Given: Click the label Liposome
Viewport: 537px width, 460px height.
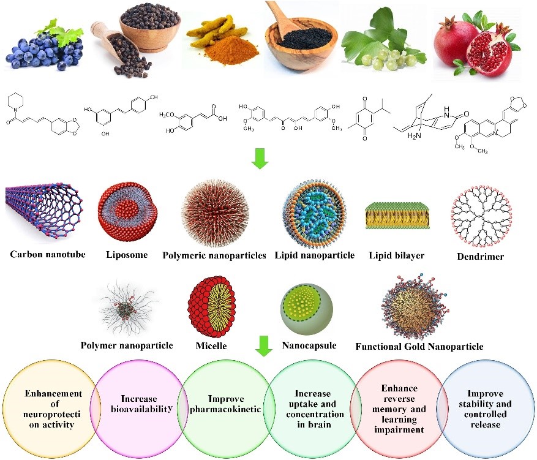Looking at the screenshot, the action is tap(127, 255).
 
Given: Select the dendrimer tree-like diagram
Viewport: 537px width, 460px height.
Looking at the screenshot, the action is tap(481, 216).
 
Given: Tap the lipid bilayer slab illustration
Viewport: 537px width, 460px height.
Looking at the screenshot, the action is tap(397, 216).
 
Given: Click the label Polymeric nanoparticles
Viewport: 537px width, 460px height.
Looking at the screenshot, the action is tap(214, 255).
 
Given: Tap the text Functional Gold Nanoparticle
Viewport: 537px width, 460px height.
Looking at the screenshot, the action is tap(419, 347).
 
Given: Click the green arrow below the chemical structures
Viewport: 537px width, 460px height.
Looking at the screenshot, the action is tap(260, 159).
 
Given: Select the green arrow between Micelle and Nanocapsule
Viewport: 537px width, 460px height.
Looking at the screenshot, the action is tap(264, 345).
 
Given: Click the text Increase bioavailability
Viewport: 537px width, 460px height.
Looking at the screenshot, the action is tap(141, 404).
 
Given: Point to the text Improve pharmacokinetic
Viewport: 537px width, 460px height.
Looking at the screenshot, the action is tap(226, 404).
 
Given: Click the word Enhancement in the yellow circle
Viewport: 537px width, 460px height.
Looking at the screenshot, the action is tap(53, 394).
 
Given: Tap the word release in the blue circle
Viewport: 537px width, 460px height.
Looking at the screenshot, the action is tap(486, 424).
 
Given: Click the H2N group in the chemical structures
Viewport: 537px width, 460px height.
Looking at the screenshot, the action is tap(414, 136).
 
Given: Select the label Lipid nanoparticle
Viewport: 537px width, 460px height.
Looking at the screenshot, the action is tap(314, 255).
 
